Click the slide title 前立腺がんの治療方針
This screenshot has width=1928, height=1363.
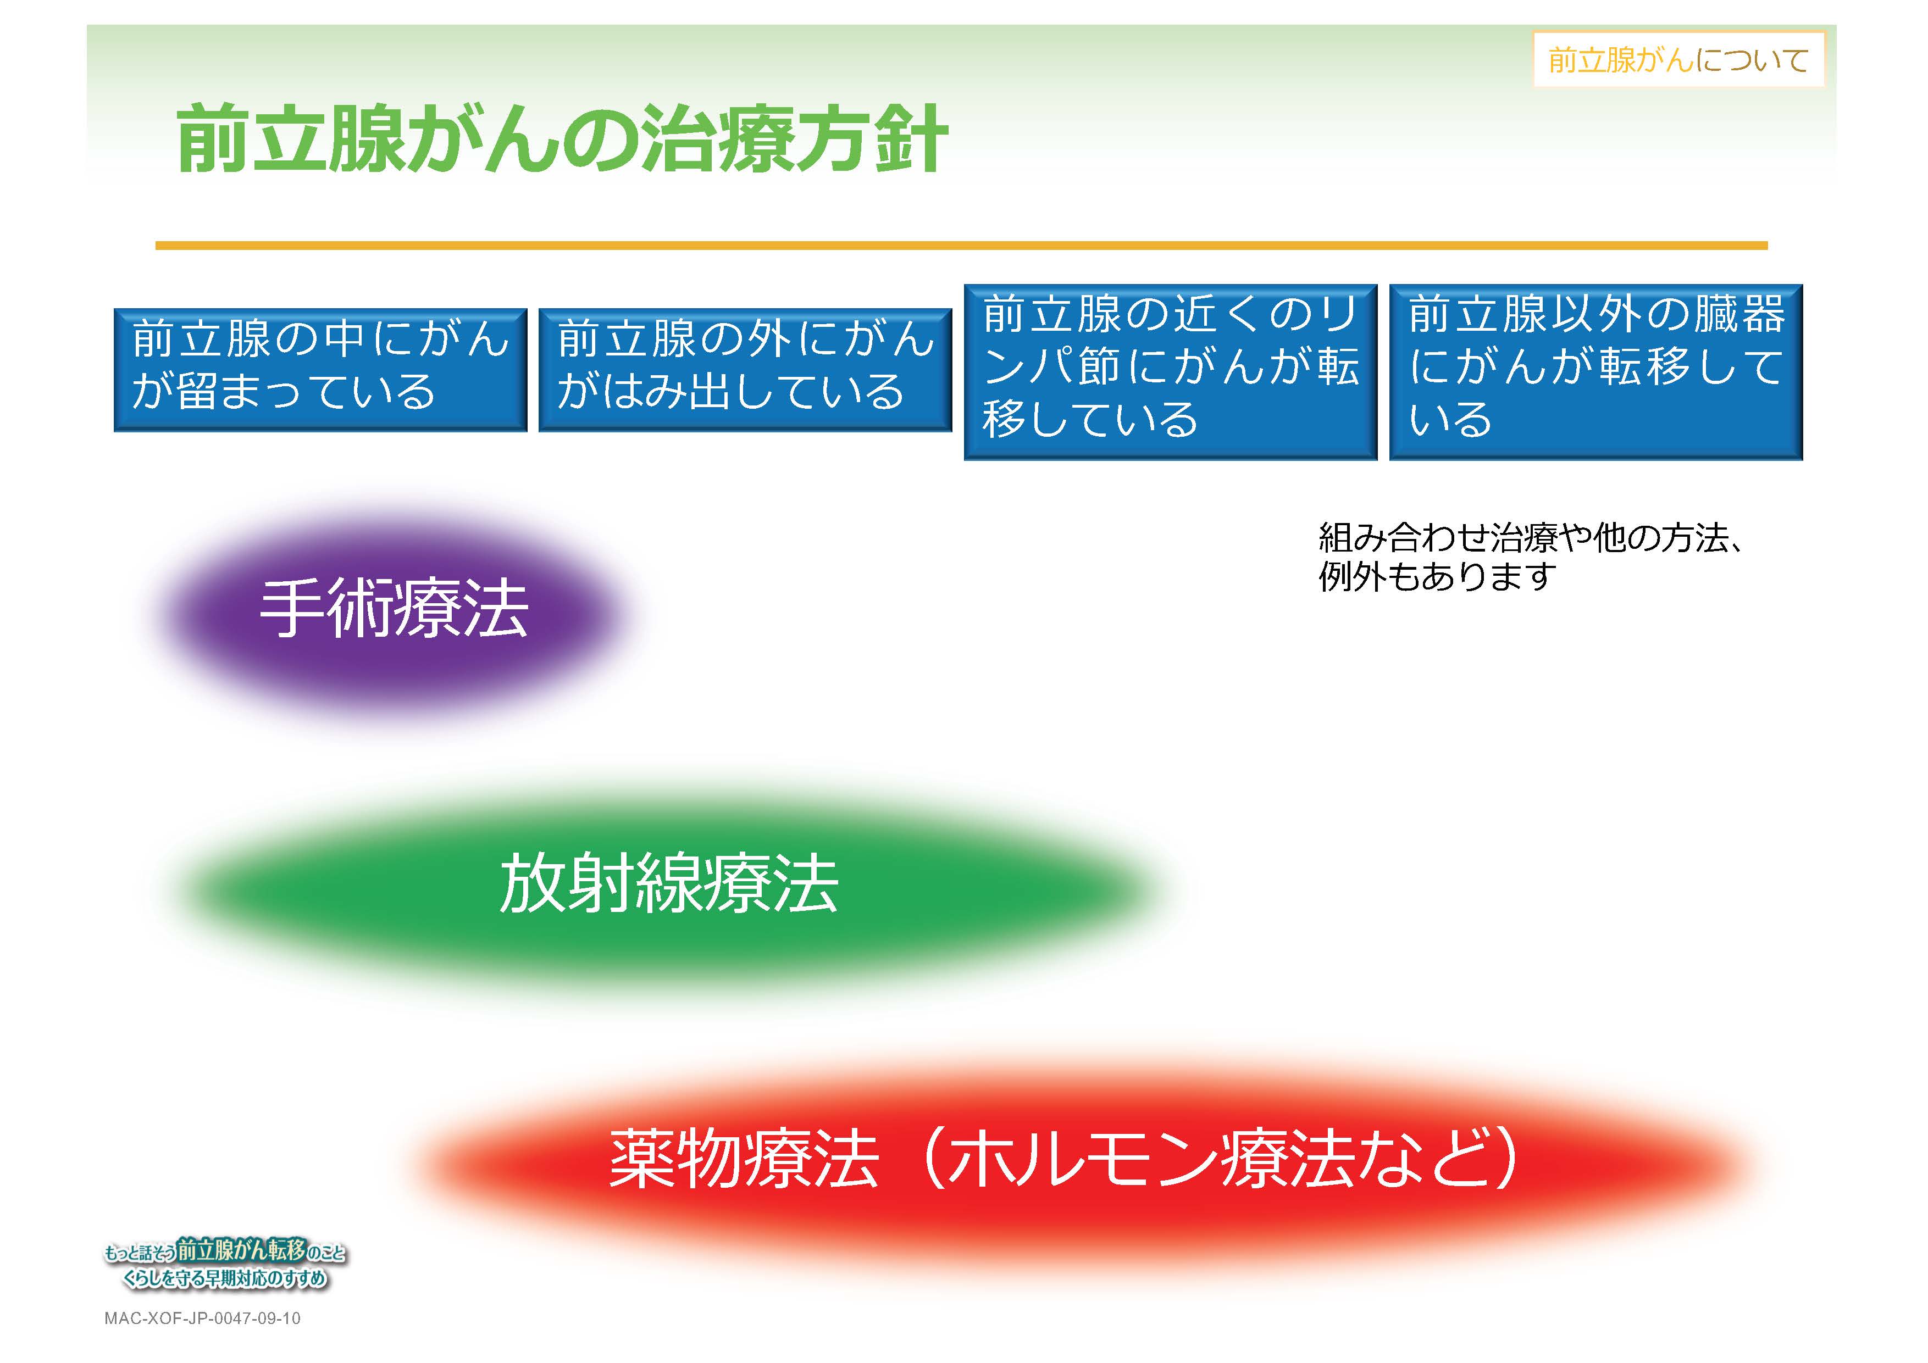click(x=563, y=138)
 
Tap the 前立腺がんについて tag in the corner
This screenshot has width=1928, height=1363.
click(x=1678, y=59)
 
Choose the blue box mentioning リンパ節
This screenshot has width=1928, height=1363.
click(x=1171, y=372)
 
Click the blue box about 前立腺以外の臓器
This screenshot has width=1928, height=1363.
click(x=1596, y=372)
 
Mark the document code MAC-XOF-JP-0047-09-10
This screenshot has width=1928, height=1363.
click(x=202, y=1319)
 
